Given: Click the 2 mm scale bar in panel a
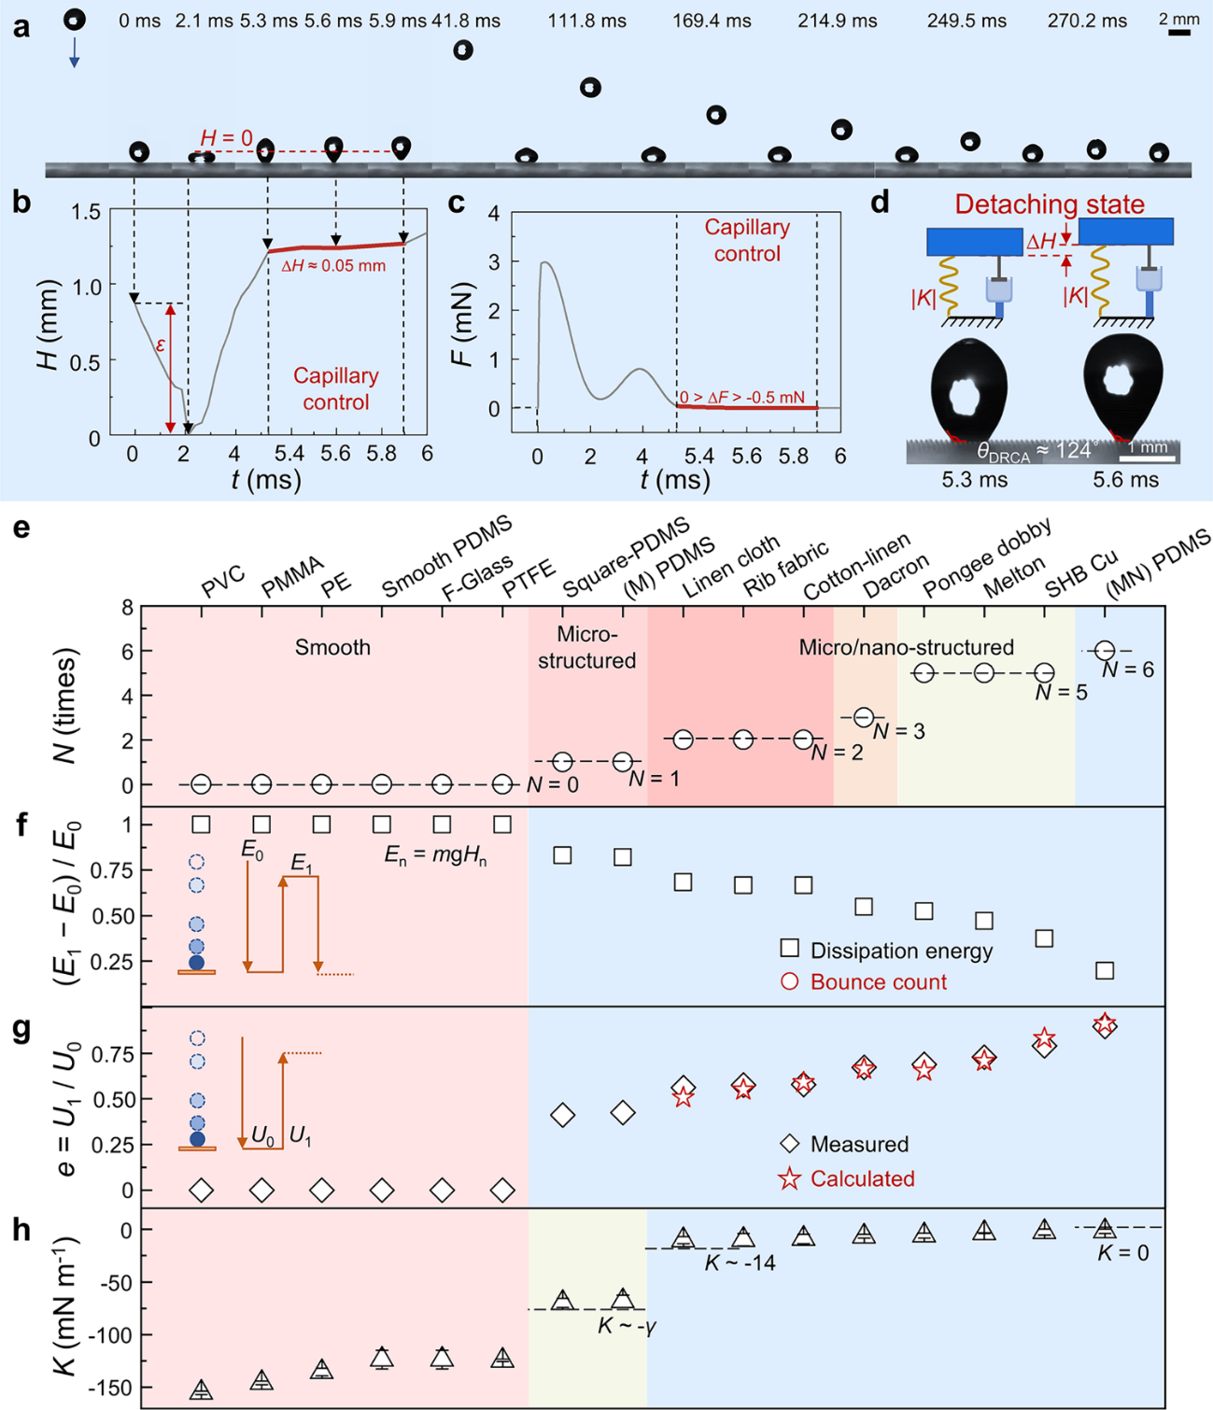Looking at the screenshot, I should [1179, 33].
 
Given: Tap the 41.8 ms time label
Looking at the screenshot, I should [466, 21].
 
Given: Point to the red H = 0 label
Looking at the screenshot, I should [226, 138].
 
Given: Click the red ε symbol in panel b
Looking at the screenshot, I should [161, 345].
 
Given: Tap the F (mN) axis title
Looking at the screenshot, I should [465, 324].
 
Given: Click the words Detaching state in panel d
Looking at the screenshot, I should [1049, 204].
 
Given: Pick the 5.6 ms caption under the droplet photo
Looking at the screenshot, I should [1125, 480].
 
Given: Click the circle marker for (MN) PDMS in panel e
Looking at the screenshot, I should [1105, 650].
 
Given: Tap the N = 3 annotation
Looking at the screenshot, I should [898, 730].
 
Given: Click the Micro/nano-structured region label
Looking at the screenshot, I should [906, 647].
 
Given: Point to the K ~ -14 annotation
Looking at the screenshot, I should [740, 1263].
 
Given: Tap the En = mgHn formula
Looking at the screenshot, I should [435, 855].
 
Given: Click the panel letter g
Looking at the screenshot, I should [21, 1031].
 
